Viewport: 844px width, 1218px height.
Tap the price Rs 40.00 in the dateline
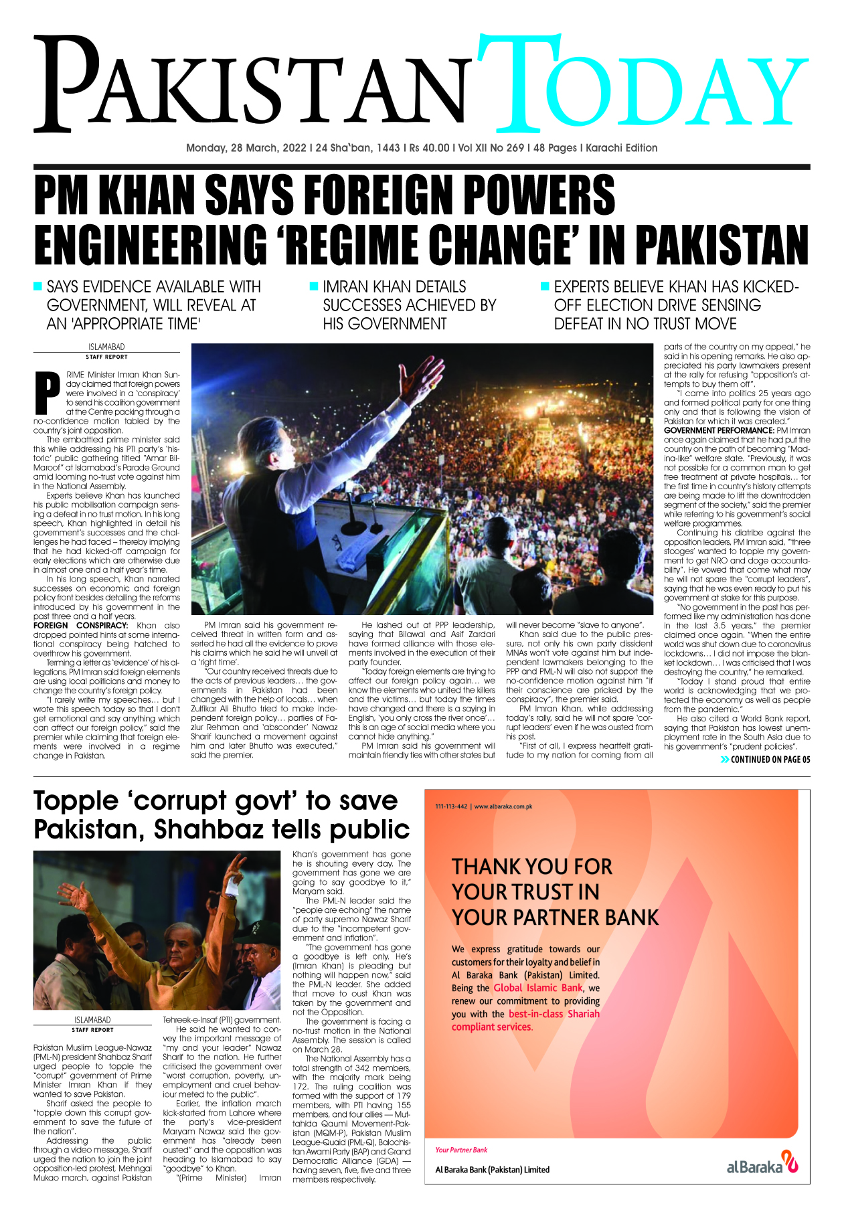428,148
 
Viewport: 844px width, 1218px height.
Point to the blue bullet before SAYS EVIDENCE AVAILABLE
37,286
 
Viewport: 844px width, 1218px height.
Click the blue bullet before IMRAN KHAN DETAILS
313,286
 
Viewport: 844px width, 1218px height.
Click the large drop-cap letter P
47,393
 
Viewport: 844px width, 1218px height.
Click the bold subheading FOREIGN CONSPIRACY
80,626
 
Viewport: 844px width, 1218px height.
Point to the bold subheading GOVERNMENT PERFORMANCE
718,431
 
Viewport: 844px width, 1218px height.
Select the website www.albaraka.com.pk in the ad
503,807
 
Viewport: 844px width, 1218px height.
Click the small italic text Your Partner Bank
461,1150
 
